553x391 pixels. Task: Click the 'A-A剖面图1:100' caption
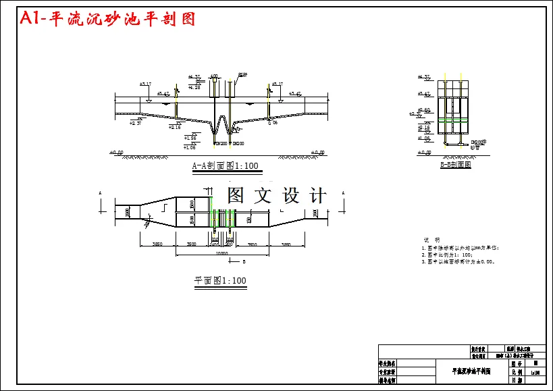coord(225,165)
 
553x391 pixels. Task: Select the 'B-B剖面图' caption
coord(455,164)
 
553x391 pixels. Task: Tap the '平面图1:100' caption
coord(220,280)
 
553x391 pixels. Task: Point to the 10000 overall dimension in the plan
coord(221,253)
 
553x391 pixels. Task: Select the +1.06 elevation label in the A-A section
coord(190,147)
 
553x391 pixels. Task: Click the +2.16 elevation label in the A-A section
coord(174,127)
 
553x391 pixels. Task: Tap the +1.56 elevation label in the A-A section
coord(190,138)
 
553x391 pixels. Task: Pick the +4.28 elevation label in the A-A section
coord(194,87)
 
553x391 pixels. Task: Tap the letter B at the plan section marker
coord(243,260)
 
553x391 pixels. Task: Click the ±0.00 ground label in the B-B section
coord(424,153)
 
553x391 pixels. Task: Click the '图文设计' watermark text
coord(277,196)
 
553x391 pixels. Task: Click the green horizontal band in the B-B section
coord(453,119)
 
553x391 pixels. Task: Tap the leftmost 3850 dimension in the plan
coord(157,244)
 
